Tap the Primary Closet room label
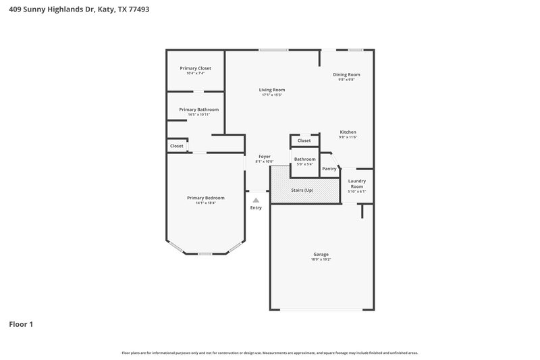195,68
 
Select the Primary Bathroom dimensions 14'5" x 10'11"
198,115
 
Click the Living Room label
272,90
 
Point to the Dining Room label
346,74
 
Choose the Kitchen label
348,132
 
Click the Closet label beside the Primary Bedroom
176,146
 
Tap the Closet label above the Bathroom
304,140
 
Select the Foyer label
264,157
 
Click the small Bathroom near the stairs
304,159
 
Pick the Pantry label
329,169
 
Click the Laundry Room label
356,183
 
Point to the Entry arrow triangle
256,200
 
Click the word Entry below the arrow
256,208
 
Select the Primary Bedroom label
205,198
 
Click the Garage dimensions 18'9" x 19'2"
321,259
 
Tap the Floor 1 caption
21,324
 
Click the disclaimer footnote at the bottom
269,353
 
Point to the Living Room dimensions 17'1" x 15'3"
272,95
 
